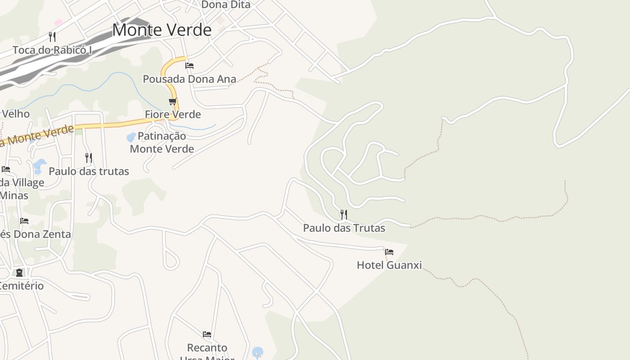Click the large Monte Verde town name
[162, 30]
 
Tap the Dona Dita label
[225, 4]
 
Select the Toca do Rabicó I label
[52, 49]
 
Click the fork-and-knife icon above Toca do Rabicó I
[52, 36]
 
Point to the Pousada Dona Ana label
[189, 79]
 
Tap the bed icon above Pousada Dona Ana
[189, 65]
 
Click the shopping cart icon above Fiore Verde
[172, 101]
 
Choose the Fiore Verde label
[173, 114]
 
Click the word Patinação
[162, 136]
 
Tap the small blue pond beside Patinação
[131, 137]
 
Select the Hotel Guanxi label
[389, 265]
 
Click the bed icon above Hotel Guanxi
[389, 252]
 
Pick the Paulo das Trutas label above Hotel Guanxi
[344, 228]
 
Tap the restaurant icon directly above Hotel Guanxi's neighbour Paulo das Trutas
[343, 214]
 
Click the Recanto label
[207, 347]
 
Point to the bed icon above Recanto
[207, 334]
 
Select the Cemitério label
[22, 286]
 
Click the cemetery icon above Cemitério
[19, 272]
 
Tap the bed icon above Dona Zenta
[24, 220]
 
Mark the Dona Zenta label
[36, 234]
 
